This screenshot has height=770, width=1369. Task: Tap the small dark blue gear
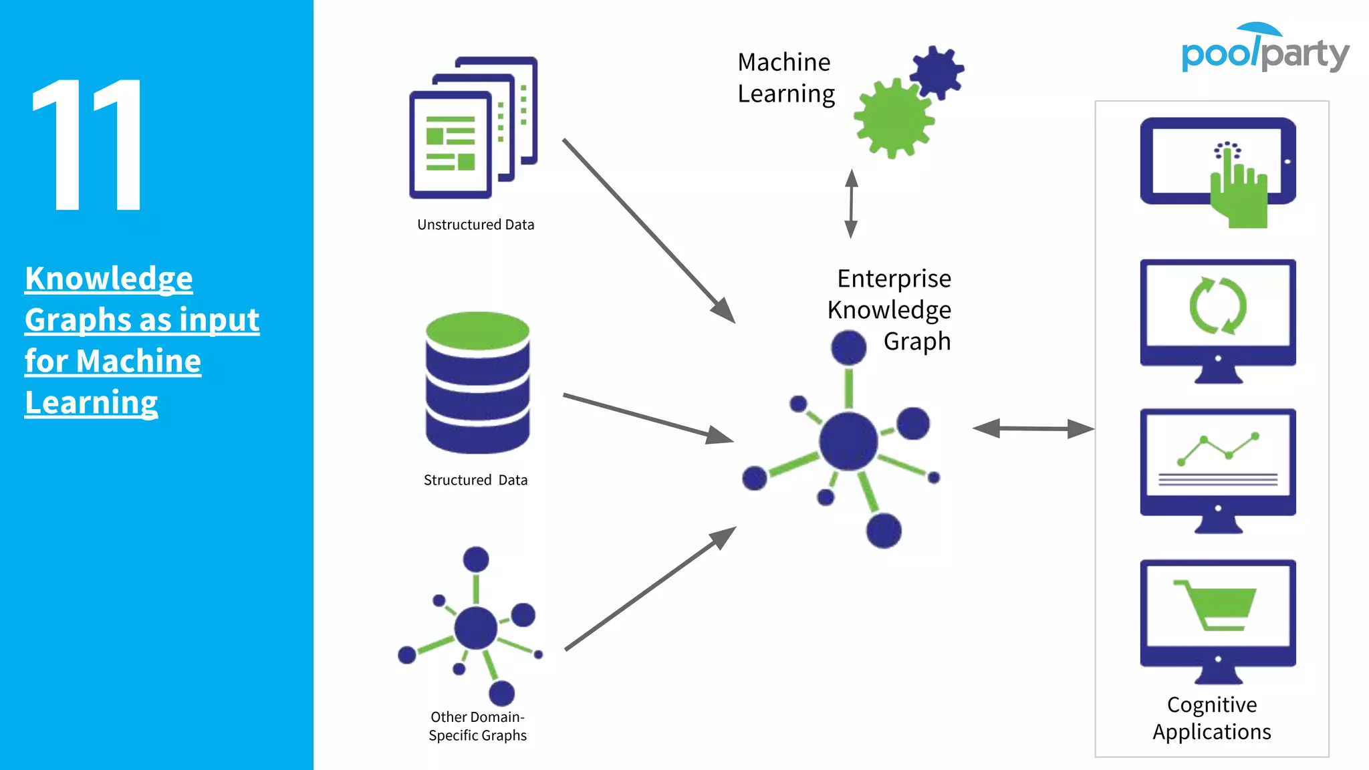(x=937, y=72)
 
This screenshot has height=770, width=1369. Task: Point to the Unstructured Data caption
(x=475, y=225)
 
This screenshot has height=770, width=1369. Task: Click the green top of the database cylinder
(x=477, y=330)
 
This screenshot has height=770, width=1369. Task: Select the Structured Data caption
(x=475, y=480)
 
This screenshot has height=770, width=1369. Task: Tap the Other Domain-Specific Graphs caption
(x=477, y=726)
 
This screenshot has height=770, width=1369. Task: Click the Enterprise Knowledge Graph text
(x=890, y=309)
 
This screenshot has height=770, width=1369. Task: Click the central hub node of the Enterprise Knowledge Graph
(x=848, y=441)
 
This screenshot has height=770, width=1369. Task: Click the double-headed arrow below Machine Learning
(x=851, y=203)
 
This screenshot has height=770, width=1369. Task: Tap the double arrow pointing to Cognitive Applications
(x=1033, y=428)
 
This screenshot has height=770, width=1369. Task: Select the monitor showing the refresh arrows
(x=1217, y=319)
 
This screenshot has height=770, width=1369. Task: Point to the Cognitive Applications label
(x=1211, y=718)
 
